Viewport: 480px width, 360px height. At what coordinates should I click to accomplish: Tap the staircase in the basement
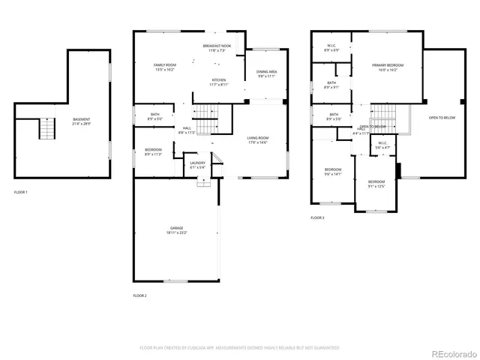tap(48, 130)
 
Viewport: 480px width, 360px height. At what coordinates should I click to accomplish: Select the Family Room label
tap(164, 67)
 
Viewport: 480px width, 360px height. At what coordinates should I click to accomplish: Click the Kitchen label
tap(218, 82)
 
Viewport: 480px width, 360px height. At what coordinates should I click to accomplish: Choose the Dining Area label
tap(267, 74)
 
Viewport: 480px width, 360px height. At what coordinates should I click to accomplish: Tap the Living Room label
tap(258, 140)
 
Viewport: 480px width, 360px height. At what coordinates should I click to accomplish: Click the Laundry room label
tap(197, 165)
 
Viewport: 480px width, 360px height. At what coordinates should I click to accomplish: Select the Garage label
tap(176, 230)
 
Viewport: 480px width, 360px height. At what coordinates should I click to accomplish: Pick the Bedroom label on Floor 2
tap(153, 153)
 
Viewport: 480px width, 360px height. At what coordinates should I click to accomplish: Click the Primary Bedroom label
tap(388, 67)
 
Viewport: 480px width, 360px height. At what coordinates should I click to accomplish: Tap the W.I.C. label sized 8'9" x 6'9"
tap(331, 48)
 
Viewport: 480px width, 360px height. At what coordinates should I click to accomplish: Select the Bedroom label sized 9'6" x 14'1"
tap(332, 172)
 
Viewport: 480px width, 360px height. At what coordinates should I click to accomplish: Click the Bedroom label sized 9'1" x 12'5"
tap(376, 184)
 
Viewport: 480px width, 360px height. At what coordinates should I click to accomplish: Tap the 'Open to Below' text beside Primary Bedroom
tap(442, 118)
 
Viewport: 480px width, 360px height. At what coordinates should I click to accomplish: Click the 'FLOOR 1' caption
tap(21, 193)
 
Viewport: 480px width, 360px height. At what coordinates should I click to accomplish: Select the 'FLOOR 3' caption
tap(317, 217)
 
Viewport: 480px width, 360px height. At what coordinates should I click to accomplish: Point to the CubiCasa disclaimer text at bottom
tap(239, 348)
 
